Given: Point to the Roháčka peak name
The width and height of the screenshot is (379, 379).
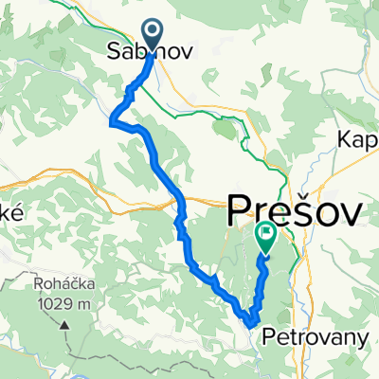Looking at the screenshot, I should pos(44,283).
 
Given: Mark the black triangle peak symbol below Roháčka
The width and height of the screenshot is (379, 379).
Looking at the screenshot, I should pos(67,324).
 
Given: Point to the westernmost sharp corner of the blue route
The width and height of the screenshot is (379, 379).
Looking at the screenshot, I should pos(112,121).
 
